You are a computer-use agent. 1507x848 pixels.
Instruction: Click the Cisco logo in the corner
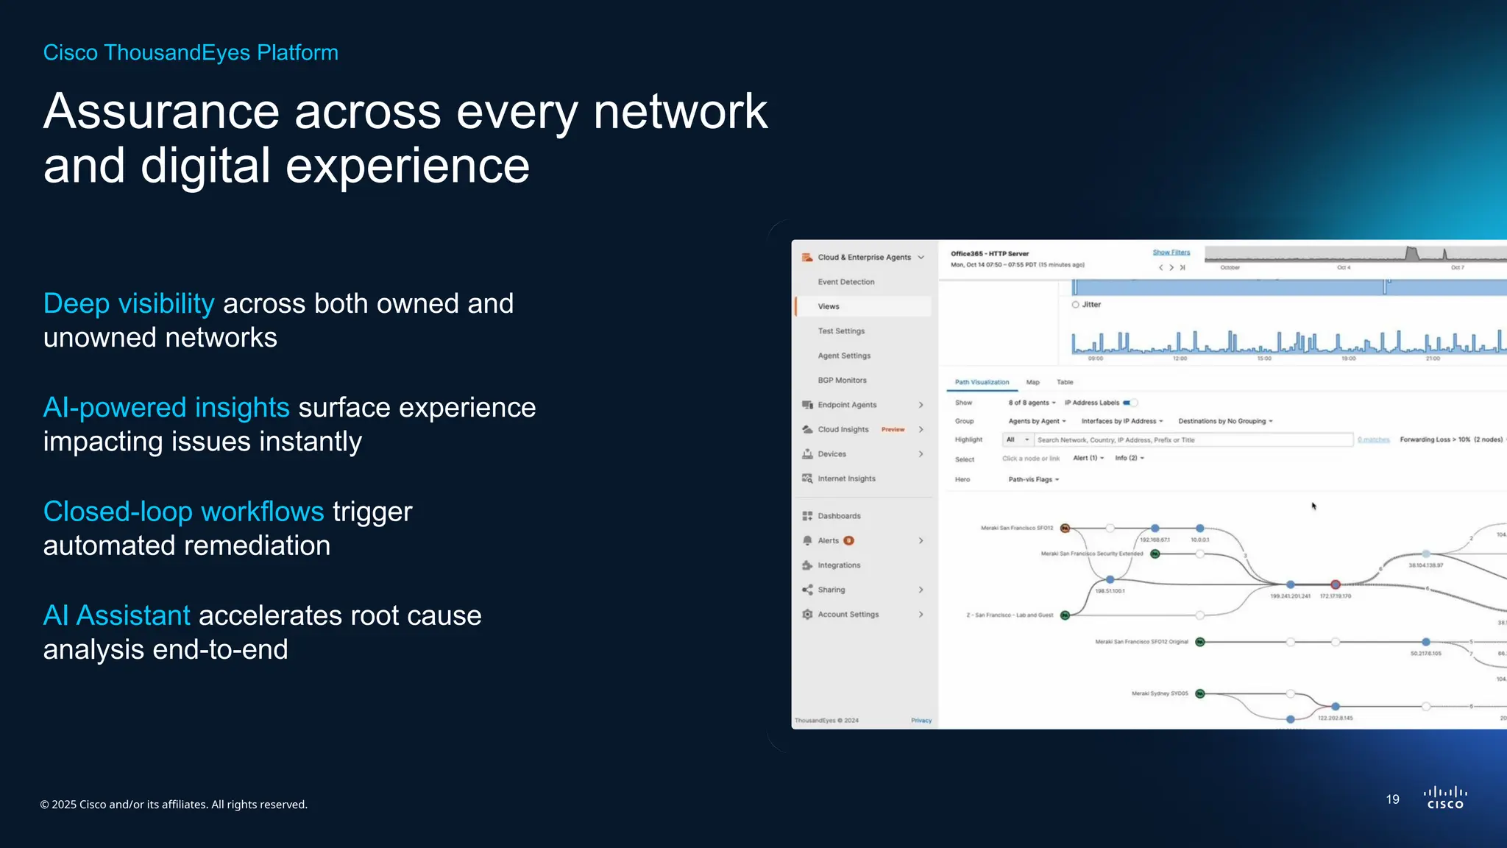[x=1445, y=798]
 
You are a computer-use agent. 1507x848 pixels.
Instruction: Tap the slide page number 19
[x=1392, y=799]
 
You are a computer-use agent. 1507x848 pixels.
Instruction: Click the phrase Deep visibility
[x=129, y=303]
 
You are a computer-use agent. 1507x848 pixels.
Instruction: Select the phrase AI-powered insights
[x=166, y=407]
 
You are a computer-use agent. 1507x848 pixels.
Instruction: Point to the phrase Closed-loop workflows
[x=183, y=511]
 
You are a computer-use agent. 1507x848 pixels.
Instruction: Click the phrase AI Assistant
[x=116, y=615]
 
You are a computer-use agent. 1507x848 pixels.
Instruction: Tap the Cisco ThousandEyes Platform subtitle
[x=191, y=52]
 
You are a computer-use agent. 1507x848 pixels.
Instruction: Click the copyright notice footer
[x=174, y=805]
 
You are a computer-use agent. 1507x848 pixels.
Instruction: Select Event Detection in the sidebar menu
[x=846, y=282]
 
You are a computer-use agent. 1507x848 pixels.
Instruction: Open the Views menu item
[x=829, y=306]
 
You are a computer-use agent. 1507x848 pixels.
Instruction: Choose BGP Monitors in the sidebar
[x=842, y=381]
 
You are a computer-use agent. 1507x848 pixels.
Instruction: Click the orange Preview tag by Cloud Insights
[x=893, y=429]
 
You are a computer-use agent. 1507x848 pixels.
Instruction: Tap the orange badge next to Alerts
[x=848, y=540]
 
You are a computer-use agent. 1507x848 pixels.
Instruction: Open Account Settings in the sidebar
[x=848, y=615]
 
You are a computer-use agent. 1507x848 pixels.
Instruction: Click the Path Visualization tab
[x=982, y=382]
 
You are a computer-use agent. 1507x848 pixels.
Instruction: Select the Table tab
[x=1065, y=382]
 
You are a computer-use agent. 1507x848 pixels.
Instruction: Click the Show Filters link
[x=1171, y=252]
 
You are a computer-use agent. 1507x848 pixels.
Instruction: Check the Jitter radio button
[x=1076, y=305]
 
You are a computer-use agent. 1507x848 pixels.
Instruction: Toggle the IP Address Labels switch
[x=1130, y=403]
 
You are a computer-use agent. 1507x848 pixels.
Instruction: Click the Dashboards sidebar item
[x=839, y=516]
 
